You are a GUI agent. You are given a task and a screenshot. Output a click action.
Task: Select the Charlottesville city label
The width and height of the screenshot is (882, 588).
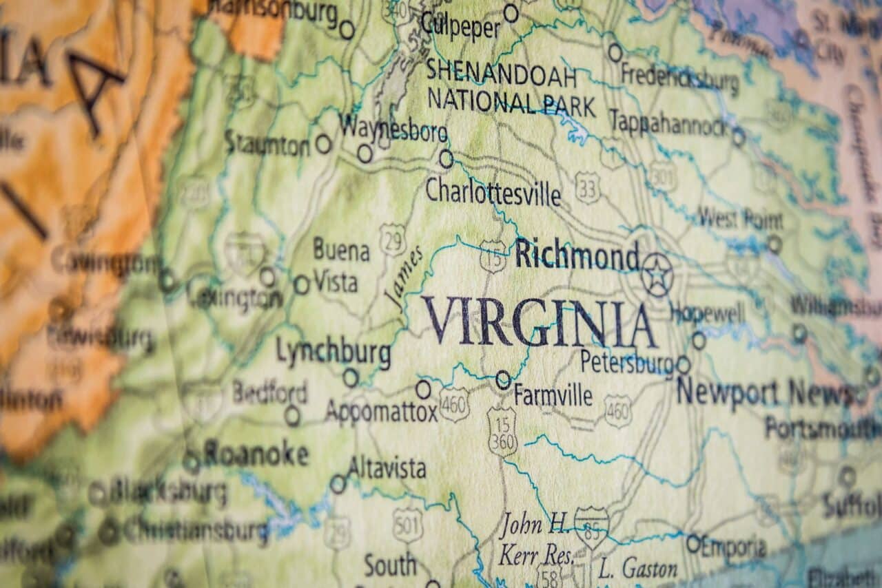[x=493, y=192]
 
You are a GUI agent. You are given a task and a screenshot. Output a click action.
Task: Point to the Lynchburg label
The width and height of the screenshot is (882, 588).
[x=333, y=353]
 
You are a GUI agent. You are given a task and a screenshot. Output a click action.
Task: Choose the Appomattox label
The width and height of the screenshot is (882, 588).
[x=381, y=412]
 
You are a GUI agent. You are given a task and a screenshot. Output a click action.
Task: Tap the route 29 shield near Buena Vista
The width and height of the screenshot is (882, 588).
[x=392, y=239]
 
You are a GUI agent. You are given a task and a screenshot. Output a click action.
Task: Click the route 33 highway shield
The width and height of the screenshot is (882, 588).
[x=587, y=187]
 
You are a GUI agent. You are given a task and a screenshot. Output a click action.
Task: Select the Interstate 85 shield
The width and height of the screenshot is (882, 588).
[x=591, y=527]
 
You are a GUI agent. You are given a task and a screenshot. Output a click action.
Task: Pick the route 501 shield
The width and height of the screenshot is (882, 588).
[x=407, y=525]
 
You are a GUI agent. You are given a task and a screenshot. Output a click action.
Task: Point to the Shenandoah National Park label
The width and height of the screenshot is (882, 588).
[x=511, y=87]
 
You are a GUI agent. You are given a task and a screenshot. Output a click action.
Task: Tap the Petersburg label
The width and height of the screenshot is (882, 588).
[x=626, y=361]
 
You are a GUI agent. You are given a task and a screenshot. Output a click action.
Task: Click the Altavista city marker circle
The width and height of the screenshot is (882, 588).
[x=338, y=484]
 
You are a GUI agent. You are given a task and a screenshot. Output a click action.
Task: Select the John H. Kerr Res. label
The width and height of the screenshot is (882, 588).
[x=535, y=540]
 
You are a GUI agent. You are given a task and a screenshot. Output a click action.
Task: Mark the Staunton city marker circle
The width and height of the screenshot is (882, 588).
[x=323, y=144]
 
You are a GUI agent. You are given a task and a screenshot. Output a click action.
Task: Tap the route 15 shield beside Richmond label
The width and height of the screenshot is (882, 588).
[x=493, y=256]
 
